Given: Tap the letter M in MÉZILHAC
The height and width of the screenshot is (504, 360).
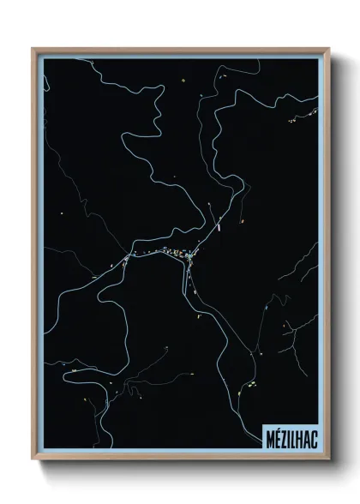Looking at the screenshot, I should coord(267,438).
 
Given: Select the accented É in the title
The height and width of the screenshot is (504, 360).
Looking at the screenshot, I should coord(274,438).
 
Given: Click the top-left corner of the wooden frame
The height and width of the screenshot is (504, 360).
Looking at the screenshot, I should coord(33,49).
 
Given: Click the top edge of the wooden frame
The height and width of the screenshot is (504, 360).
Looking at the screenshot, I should coord(180,50).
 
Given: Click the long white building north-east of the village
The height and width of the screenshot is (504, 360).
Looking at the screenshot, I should coord(220,226).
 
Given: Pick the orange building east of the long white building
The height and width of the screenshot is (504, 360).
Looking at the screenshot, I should coord(242,220).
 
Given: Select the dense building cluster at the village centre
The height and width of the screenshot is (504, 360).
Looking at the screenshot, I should coord(174,252).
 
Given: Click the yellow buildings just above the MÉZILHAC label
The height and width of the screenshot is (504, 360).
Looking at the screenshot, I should coord(254,384).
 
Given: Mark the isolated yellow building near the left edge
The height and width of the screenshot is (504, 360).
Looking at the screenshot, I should coord(61,211).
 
